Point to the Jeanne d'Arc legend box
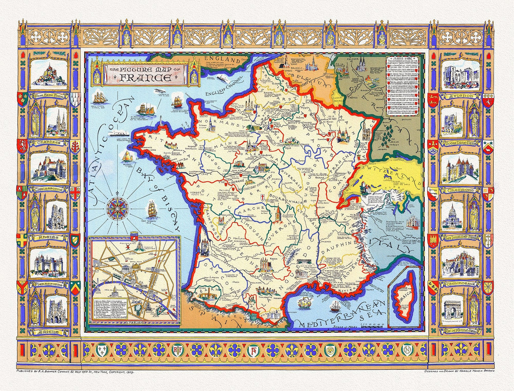click(x=404, y=86)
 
